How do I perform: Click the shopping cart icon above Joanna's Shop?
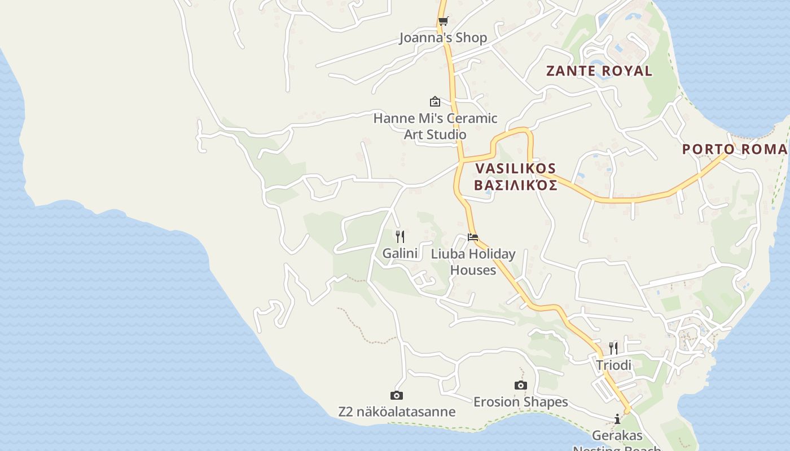pyautogui.click(x=443, y=21)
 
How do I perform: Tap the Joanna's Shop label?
pyautogui.click(x=443, y=38)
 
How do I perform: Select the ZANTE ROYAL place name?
pyautogui.click(x=599, y=71)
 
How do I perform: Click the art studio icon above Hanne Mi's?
pyautogui.click(x=435, y=101)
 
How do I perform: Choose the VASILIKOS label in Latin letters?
pyautogui.click(x=516, y=169)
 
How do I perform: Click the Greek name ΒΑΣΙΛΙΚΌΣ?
pyautogui.click(x=516, y=185)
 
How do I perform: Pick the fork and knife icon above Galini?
pyautogui.click(x=400, y=236)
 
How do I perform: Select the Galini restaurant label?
pyautogui.click(x=400, y=254)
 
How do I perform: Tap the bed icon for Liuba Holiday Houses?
pyautogui.click(x=473, y=237)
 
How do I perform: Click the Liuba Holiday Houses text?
pyautogui.click(x=473, y=262)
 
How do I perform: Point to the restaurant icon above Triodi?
pyautogui.click(x=613, y=348)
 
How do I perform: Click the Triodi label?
pyautogui.click(x=613, y=365)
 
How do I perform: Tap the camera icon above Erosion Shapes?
pyautogui.click(x=521, y=386)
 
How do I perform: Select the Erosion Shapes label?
pyautogui.click(x=520, y=402)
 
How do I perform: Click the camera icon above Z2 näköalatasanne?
pyautogui.click(x=397, y=396)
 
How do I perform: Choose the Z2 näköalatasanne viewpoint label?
pyautogui.click(x=397, y=412)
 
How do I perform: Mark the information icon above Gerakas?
pyautogui.click(x=617, y=419)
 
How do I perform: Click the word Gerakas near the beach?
pyautogui.click(x=617, y=436)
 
